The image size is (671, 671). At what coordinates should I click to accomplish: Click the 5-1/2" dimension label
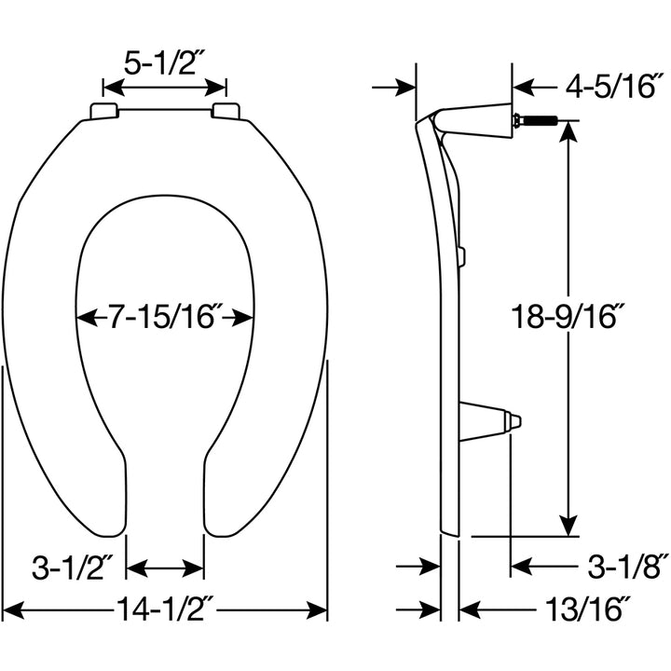164,62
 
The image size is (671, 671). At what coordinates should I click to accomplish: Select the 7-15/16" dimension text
165,318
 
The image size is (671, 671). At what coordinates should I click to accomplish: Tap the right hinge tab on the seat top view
226,112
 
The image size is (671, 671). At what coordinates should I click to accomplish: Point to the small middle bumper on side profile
462,255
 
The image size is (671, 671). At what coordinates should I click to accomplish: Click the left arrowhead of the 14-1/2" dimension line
11,611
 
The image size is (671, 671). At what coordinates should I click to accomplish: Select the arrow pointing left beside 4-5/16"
522,88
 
